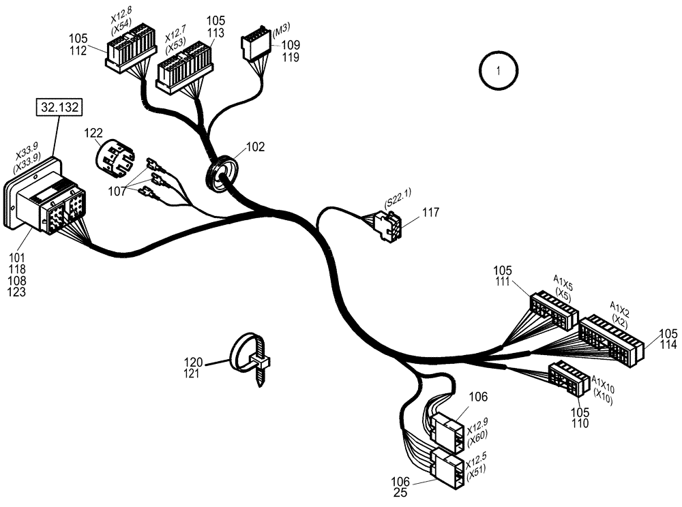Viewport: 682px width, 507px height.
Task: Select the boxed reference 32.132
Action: [x=58, y=108]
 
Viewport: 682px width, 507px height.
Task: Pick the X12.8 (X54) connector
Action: [x=130, y=50]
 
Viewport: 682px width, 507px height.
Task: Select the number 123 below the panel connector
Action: [x=16, y=292]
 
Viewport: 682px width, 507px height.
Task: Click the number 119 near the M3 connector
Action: [x=291, y=57]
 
